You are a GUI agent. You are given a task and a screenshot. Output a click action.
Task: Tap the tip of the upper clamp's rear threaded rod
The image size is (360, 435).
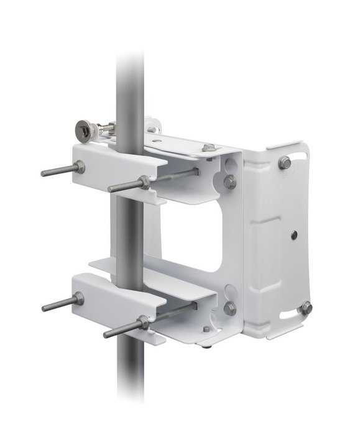pos(44,173)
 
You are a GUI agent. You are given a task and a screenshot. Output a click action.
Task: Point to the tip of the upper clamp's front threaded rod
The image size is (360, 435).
pos(111,189)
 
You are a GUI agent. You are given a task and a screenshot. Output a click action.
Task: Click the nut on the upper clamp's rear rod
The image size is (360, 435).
pos(80,166)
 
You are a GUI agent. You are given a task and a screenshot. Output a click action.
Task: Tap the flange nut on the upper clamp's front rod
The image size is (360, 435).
pos(144,182)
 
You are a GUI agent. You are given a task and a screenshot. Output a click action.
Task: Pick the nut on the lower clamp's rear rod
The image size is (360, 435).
pos(78,300)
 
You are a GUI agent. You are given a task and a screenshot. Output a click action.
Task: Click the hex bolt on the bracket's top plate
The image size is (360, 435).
pos(210,148)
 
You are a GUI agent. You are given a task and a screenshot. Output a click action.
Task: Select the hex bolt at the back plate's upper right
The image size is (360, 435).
pos(284,163)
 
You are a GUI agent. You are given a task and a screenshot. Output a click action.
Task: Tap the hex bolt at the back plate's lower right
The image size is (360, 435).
pos(305,307)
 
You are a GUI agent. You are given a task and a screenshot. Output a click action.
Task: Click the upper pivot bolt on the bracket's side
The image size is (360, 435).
pos(229,181)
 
